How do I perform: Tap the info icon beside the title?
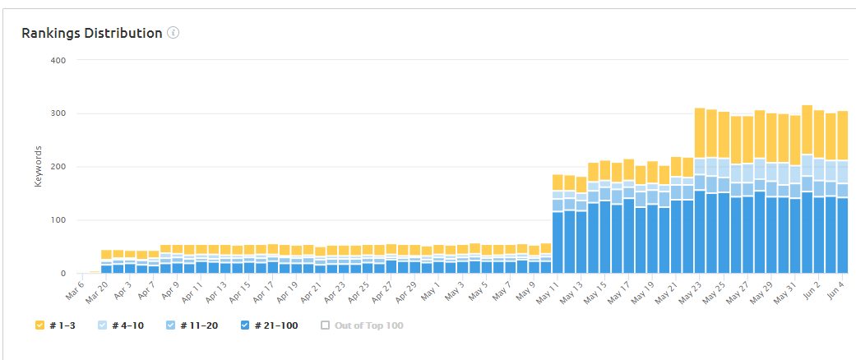pyautogui.click(x=173, y=34)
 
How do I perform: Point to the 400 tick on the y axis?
pyautogui.click(x=59, y=60)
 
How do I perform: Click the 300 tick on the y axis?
pyautogui.click(x=59, y=113)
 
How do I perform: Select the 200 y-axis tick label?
pyautogui.click(x=59, y=167)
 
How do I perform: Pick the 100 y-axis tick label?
pyautogui.click(x=59, y=220)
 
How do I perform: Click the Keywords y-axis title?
pyautogui.click(x=38, y=166)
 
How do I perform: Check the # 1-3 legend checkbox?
pyautogui.click(x=39, y=325)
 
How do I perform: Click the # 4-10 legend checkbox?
pyautogui.click(x=103, y=325)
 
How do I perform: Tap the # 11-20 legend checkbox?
pyautogui.click(x=170, y=325)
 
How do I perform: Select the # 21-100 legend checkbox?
pyautogui.click(x=244, y=325)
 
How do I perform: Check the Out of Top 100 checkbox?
pyautogui.click(x=326, y=325)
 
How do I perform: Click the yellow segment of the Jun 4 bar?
pyautogui.click(x=842, y=136)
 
